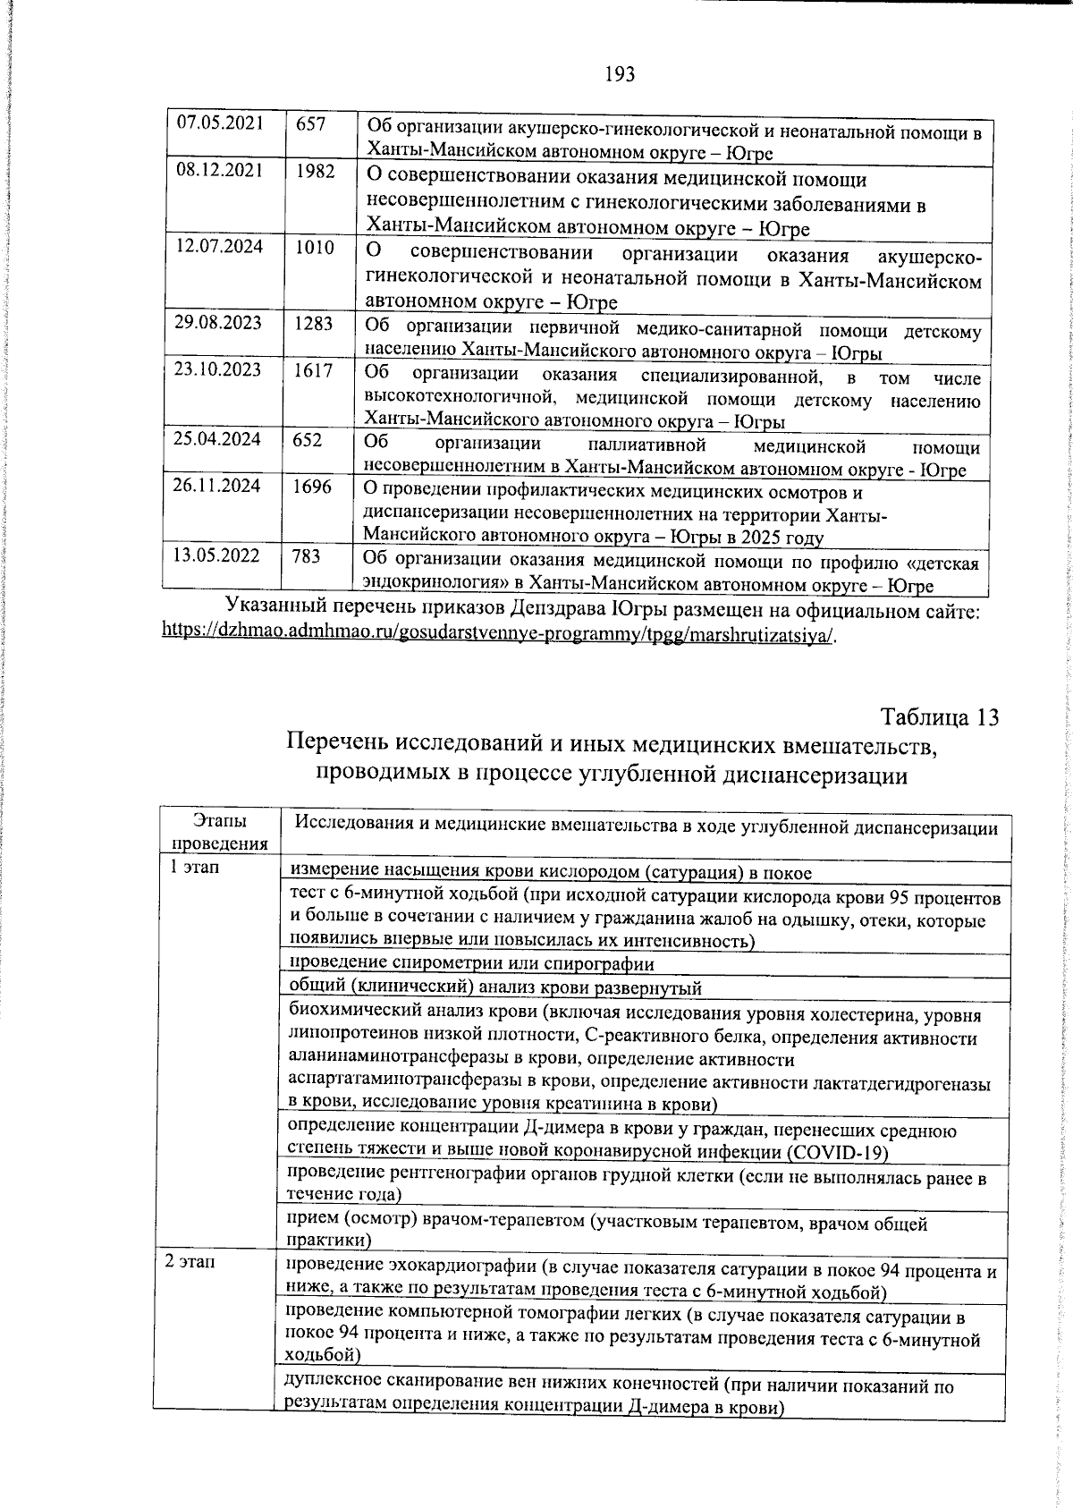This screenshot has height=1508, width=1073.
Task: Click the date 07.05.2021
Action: (x=220, y=123)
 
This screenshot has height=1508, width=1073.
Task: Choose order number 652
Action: (x=308, y=439)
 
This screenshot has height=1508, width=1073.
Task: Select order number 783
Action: (x=307, y=555)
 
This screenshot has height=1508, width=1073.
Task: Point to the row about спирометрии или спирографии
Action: (x=472, y=963)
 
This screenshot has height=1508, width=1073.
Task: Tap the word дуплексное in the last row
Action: (x=326, y=1386)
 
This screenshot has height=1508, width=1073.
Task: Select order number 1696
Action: (x=313, y=486)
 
